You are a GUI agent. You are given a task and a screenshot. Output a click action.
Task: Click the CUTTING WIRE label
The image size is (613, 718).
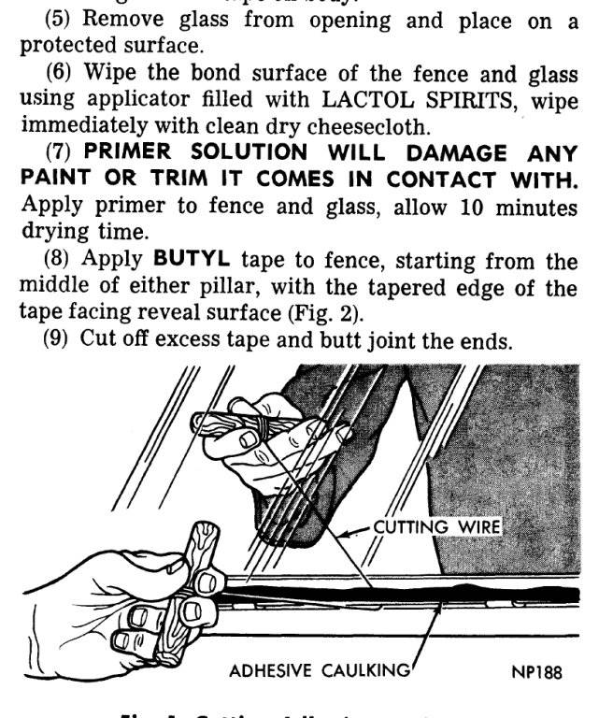pos(436,527)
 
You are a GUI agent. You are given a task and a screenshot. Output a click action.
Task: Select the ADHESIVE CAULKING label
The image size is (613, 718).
pos(320,671)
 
